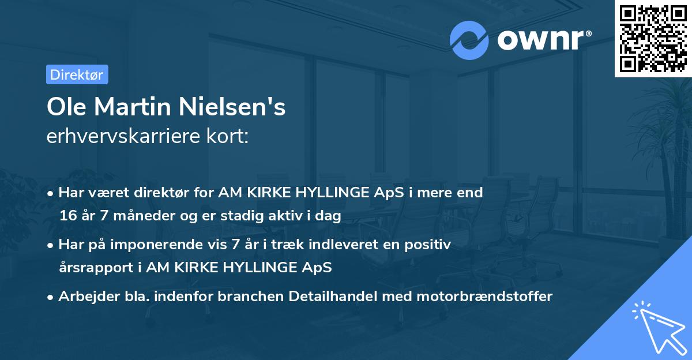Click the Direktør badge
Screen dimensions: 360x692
[x=77, y=74]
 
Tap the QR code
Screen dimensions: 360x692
[x=653, y=38]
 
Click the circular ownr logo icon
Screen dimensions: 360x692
[x=469, y=40]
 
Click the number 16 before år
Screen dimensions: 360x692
[x=68, y=216]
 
